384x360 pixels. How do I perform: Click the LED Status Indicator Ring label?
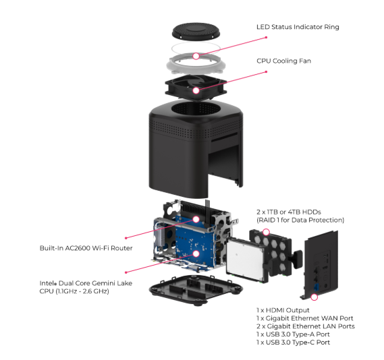click(x=298, y=27)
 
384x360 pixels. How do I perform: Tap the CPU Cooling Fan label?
click(x=284, y=61)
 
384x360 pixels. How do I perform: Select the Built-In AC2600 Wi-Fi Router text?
click(x=86, y=248)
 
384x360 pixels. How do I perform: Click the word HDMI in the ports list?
click(x=275, y=310)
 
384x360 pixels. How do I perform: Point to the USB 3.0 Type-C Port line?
click(x=293, y=342)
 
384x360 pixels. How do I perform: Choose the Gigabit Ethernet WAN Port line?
click(x=305, y=318)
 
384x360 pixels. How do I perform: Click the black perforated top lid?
click(x=196, y=31)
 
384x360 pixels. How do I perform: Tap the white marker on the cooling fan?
click(x=196, y=91)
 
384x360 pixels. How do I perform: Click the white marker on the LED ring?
click(x=196, y=56)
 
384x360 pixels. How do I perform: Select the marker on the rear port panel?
click(x=314, y=297)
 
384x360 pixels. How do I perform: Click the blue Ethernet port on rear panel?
click(x=317, y=287)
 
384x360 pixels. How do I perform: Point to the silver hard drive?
click(x=246, y=260)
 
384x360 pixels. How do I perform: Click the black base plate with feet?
click(x=196, y=290)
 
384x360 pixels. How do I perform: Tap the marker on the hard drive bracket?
click(x=266, y=232)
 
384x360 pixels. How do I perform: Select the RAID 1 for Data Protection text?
click(x=300, y=220)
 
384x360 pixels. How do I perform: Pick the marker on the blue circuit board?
click(x=196, y=254)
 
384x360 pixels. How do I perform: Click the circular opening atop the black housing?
click(x=196, y=109)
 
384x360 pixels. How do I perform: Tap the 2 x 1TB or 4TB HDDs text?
click(x=289, y=212)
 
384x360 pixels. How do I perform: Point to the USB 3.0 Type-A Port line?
click(x=293, y=334)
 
